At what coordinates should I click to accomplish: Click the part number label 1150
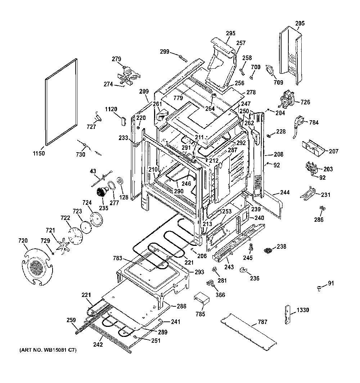(x=39, y=153)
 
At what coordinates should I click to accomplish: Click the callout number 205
(x=300, y=23)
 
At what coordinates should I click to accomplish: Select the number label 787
(x=262, y=322)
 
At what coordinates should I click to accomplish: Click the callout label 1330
(x=303, y=310)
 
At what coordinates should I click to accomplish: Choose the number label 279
(x=117, y=59)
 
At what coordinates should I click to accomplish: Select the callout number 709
(x=278, y=82)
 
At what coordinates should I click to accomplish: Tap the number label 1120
(x=111, y=109)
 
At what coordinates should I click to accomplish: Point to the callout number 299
(x=165, y=51)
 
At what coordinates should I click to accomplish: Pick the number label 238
(x=282, y=247)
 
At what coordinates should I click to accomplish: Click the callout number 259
(x=71, y=320)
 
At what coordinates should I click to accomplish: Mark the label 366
(x=220, y=295)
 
